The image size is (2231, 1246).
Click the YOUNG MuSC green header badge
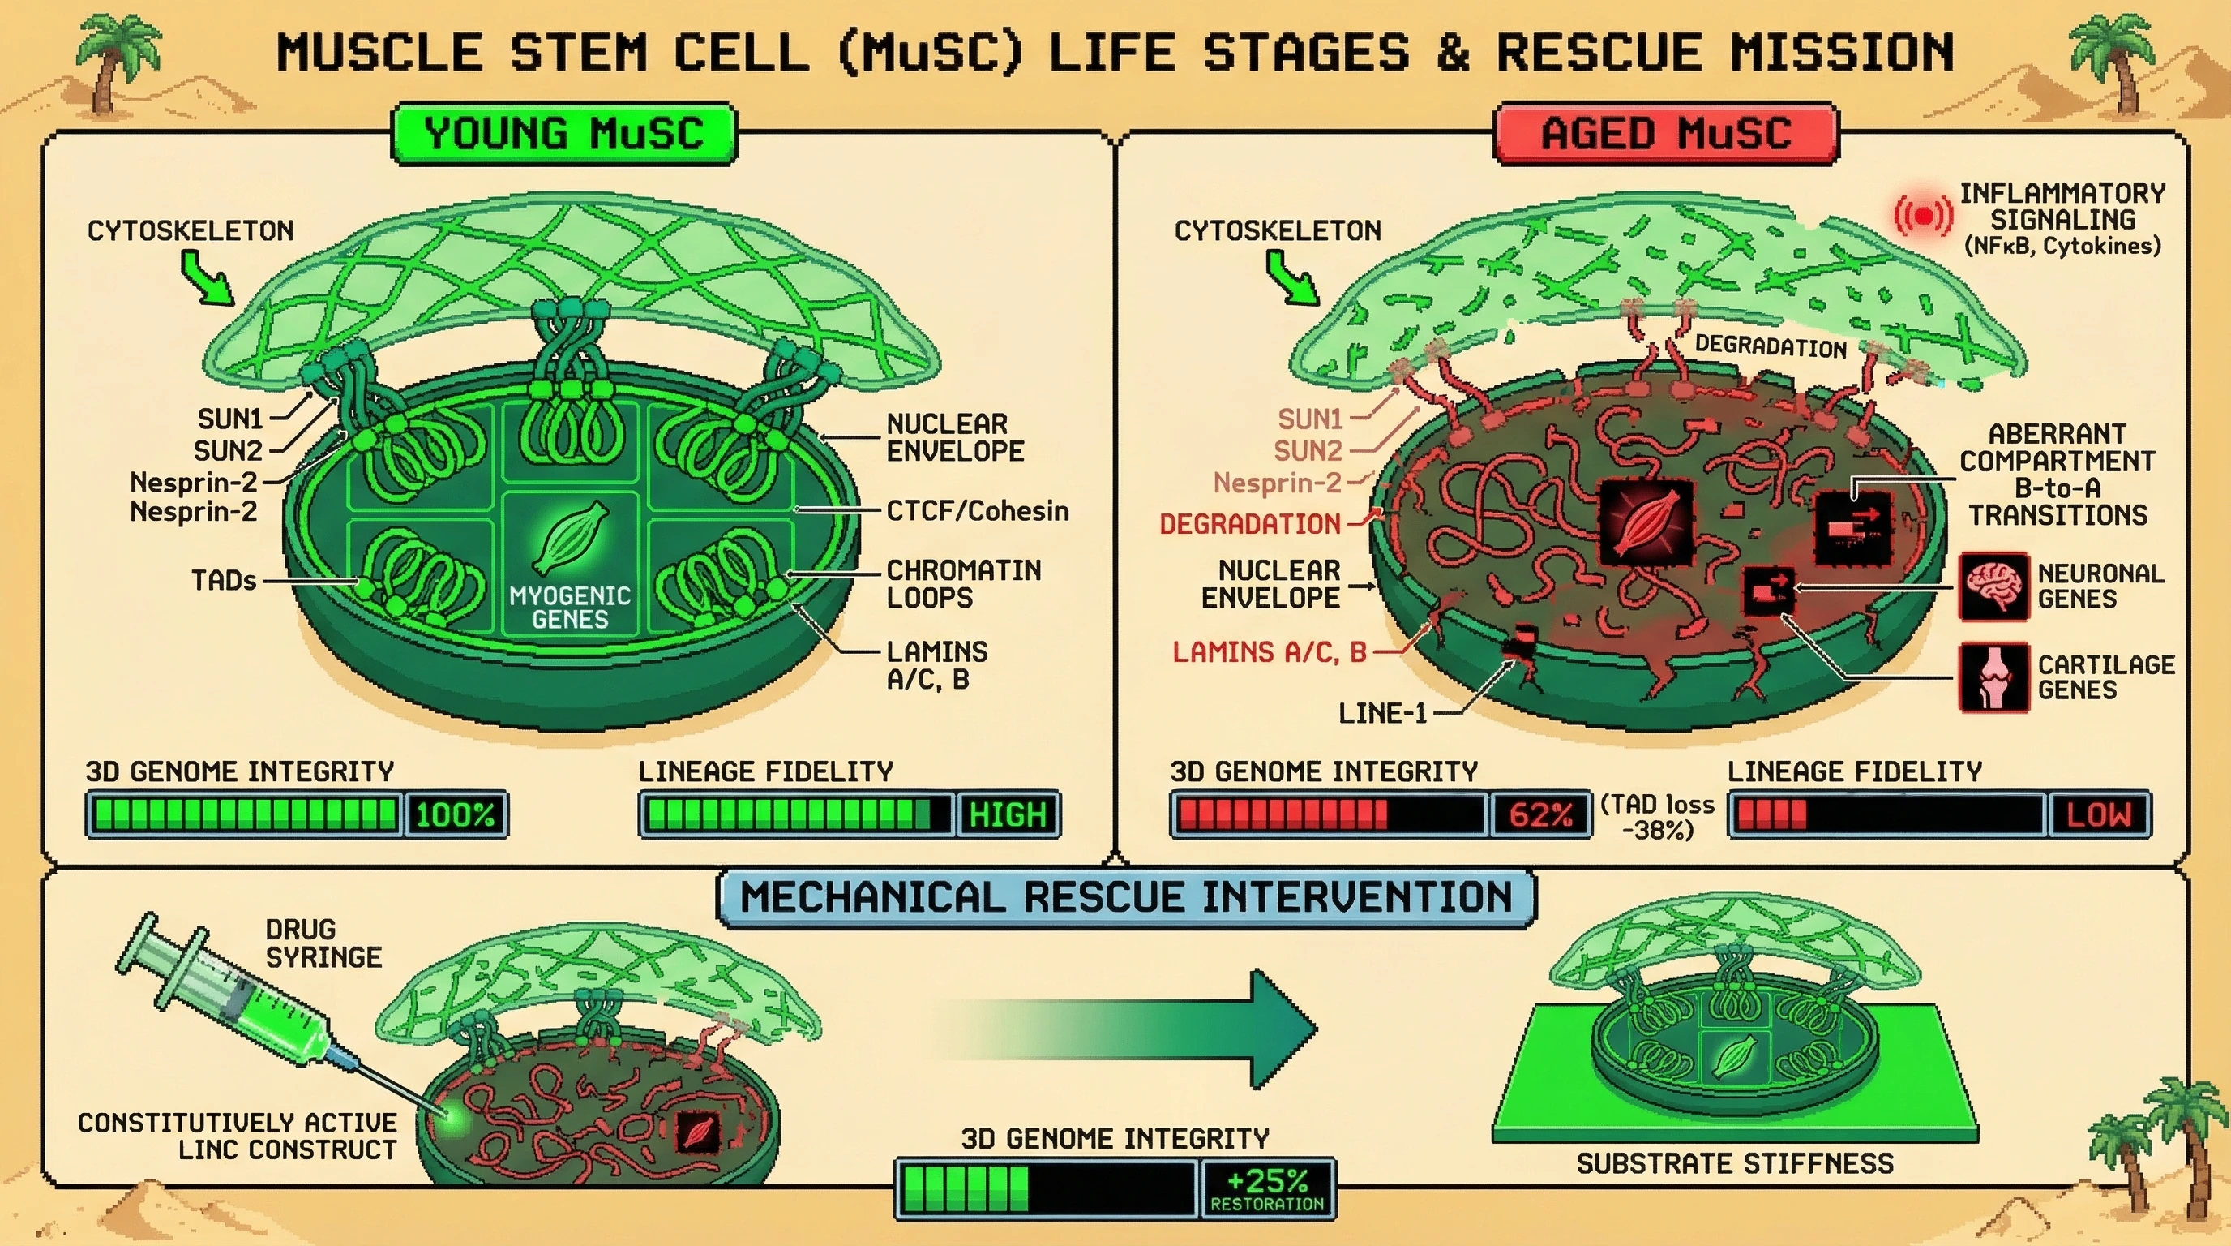coord(563,133)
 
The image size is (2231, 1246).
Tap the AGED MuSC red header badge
coord(1666,133)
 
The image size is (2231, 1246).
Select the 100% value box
coord(456,814)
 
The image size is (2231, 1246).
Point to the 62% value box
coord(1539,814)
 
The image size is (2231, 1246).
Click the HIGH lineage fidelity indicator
coord(1007,814)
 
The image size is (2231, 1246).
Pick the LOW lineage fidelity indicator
coord(2099,814)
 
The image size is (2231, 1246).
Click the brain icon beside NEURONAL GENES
coord(1993,586)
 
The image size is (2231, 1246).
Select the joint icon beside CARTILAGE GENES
coord(1993,677)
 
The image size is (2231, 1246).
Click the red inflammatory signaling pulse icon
coord(1923,215)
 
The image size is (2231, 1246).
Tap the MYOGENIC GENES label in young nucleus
coord(570,608)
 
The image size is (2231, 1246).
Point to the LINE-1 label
coord(1382,713)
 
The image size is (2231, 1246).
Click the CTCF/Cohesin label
coord(977,511)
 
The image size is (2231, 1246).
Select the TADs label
coord(224,581)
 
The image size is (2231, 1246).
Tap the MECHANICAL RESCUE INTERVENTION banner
coord(1126,897)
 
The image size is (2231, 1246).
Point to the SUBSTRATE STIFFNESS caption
coord(1735,1162)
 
